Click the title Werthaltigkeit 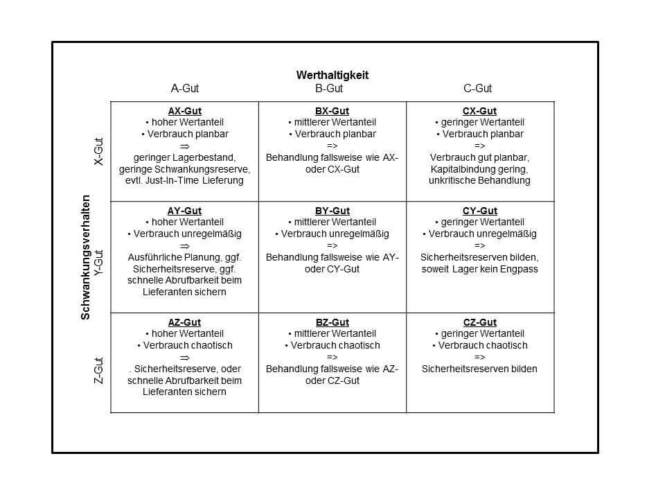332,75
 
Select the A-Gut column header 184,89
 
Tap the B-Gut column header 329,89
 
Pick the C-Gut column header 477,89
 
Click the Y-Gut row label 98,263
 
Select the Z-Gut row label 98,370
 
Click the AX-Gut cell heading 184,111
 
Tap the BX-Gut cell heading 332,111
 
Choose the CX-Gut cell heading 479,111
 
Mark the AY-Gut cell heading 184,211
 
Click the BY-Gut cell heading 332,211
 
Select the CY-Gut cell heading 479,211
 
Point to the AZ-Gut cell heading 184,322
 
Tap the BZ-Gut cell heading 332,322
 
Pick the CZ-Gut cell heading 479,322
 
